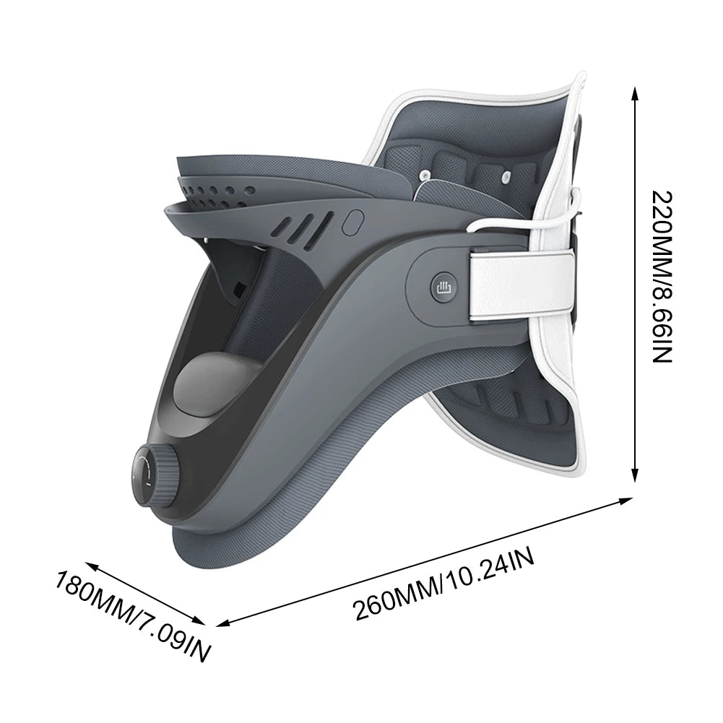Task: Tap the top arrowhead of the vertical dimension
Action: click(634, 90)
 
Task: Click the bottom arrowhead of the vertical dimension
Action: click(634, 477)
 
